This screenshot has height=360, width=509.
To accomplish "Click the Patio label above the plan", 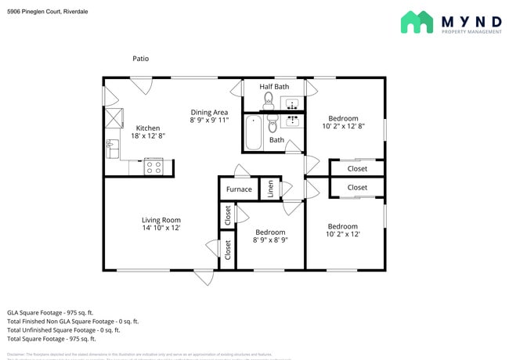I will coord(140,59).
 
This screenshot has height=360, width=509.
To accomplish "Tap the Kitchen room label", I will coord(148,128).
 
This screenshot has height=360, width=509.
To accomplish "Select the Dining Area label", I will coord(209,113).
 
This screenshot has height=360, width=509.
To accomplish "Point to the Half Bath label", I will coord(274,86).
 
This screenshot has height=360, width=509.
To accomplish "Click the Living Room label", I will coord(161,220).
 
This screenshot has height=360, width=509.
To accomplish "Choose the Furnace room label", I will coord(239,189).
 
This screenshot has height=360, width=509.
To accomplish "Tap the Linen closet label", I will coord(269,189).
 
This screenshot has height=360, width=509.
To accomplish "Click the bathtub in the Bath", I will coord(254,131).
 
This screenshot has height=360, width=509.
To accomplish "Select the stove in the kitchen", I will coord(153,166).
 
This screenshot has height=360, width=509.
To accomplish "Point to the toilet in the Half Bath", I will coord(268,99).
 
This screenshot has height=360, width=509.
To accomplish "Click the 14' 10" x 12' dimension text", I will coord(161,229).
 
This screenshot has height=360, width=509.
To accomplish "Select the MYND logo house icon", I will coord(417,22).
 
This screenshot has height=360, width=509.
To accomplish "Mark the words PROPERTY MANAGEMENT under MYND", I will coord(471,31).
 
